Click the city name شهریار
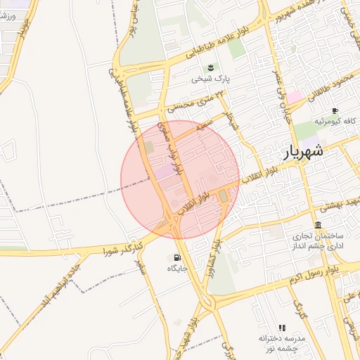pos(304,150)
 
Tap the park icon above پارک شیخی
pos(209,67)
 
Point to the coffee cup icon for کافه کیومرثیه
pos(334,110)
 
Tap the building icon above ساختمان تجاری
pos(318,226)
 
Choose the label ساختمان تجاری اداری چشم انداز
pos(321,243)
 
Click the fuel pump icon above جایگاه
pos(176,256)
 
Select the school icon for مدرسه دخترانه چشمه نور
pos(282,328)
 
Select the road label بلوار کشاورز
pos(209,262)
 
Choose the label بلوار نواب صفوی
pos(168,150)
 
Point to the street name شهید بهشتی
pos(336,205)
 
